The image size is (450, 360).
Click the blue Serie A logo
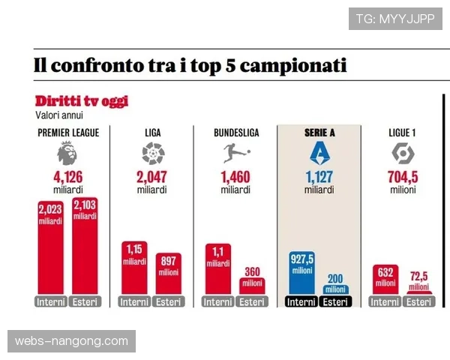[x=319, y=154]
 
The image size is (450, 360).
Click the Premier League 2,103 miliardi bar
[x=85, y=247]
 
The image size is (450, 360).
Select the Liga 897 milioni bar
[x=169, y=274]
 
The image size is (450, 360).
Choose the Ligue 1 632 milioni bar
[x=385, y=280]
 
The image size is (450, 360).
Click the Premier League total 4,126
[x=67, y=178]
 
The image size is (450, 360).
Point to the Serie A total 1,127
[x=319, y=178]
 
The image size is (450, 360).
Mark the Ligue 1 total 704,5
[x=403, y=178]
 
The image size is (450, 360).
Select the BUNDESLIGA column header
[x=235, y=133]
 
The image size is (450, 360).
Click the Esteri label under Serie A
[x=335, y=302]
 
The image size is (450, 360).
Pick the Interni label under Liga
[x=134, y=302]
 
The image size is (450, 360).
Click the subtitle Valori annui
[x=59, y=115]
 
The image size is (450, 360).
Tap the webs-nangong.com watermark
[x=72, y=342]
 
